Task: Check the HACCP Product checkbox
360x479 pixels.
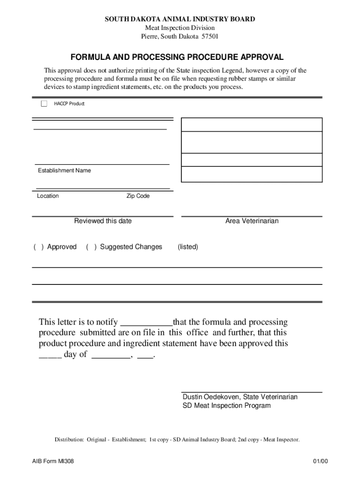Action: [x=44, y=104]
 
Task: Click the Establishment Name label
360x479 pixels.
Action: [x=65, y=171]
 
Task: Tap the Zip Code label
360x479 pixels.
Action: [x=138, y=196]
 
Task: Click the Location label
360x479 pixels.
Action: [x=48, y=196]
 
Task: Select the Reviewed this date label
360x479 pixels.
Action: [x=103, y=221]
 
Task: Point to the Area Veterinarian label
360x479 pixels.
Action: [x=252, y=221]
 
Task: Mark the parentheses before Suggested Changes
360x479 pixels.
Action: [x=91, y=247]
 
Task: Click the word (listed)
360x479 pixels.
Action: [x=188, y=247]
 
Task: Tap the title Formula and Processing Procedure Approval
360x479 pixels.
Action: [x=177, y=58]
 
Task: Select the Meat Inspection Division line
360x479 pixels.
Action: [x=180, y=28]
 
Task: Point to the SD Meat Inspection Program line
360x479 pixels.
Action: [x=226, y=406]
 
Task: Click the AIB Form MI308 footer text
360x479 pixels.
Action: [x=50, y=462]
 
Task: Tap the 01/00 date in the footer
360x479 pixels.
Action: [x=321, y=462]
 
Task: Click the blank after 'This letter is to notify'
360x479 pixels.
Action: [x=146, y=322]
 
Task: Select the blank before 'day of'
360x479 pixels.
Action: [x=50, y=355]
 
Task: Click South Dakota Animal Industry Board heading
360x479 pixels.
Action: [x=180, y=19]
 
